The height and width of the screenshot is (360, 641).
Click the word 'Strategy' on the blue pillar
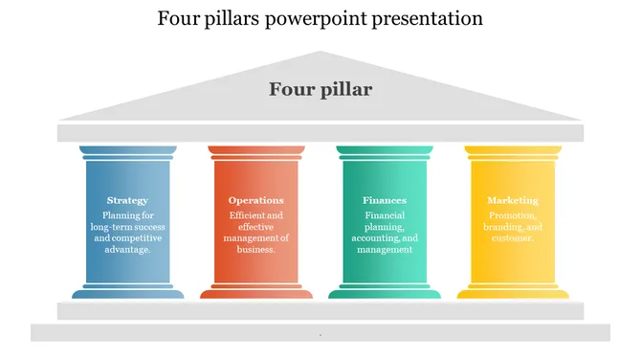(x=127, y=201)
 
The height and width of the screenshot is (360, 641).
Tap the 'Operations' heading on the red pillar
(x=255, y=201)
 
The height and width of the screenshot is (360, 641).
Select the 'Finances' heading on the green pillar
(x=385, y=201)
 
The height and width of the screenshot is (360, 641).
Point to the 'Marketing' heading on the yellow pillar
(x=513, y=201)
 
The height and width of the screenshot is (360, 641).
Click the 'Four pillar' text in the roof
(x=320, y=90)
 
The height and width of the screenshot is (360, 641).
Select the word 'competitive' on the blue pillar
(x=139, y=237)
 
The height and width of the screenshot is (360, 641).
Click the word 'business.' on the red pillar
(x=256, y=249)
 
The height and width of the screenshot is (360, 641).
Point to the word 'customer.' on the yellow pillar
(x=513, y=238)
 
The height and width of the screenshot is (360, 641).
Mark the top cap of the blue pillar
(x=127, y=151)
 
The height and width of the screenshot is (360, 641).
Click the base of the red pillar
(x=256, y=292)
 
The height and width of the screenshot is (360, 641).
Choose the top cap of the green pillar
(x=385, y=151)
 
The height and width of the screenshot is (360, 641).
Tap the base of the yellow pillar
(x=513, y=292)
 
